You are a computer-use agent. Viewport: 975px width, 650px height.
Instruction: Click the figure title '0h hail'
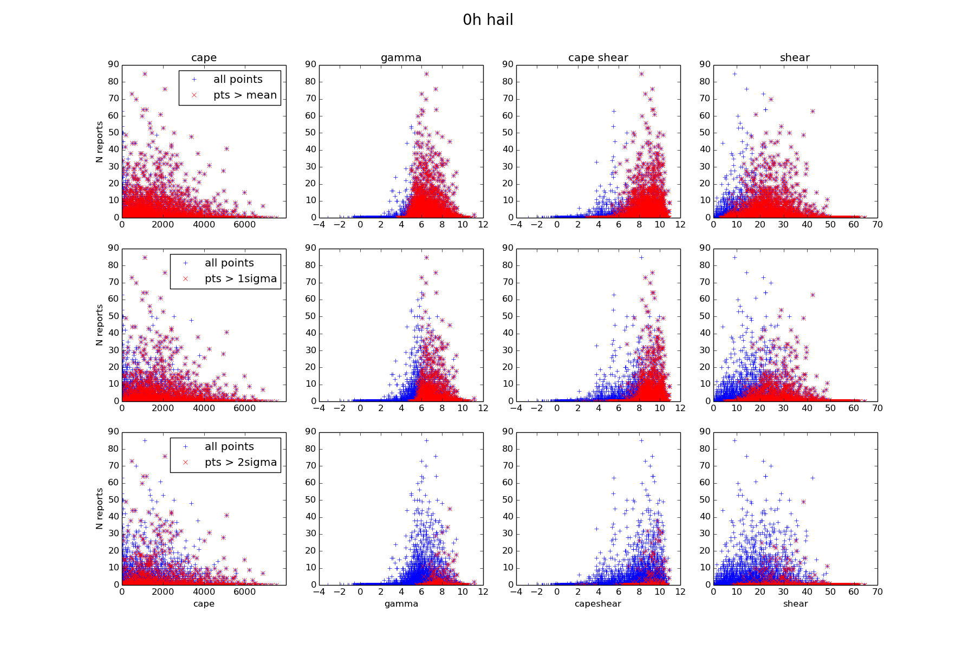[487, 20]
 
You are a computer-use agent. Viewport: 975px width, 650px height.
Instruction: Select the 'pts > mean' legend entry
[245, 95]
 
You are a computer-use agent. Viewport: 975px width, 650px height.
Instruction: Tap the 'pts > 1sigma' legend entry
[240, 279]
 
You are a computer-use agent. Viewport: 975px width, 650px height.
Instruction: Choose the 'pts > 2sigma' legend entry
[240, 463]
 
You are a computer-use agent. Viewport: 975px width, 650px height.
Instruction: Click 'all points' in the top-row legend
[238, 80]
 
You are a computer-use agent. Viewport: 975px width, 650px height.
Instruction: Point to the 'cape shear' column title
[598, 58]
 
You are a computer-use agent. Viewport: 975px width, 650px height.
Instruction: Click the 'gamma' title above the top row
[401, 58]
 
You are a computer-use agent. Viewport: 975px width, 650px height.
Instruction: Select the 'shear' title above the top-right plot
[795, 58]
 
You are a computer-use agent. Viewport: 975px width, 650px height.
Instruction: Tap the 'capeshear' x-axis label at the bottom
[597, 604]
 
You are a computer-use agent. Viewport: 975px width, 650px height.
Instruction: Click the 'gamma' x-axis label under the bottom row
[401, 604]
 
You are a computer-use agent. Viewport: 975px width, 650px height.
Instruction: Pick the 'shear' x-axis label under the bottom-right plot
[795, 604]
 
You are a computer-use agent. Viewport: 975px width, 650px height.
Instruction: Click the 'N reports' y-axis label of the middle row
[100, 325]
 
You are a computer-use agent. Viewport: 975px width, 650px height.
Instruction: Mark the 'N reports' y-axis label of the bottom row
[100, 509]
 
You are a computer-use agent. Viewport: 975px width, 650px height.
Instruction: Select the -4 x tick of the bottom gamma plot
[319, 592]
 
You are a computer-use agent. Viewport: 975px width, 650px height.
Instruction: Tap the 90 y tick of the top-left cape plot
[114, 64]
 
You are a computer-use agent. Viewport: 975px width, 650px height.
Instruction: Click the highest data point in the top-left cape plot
[145, 74]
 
